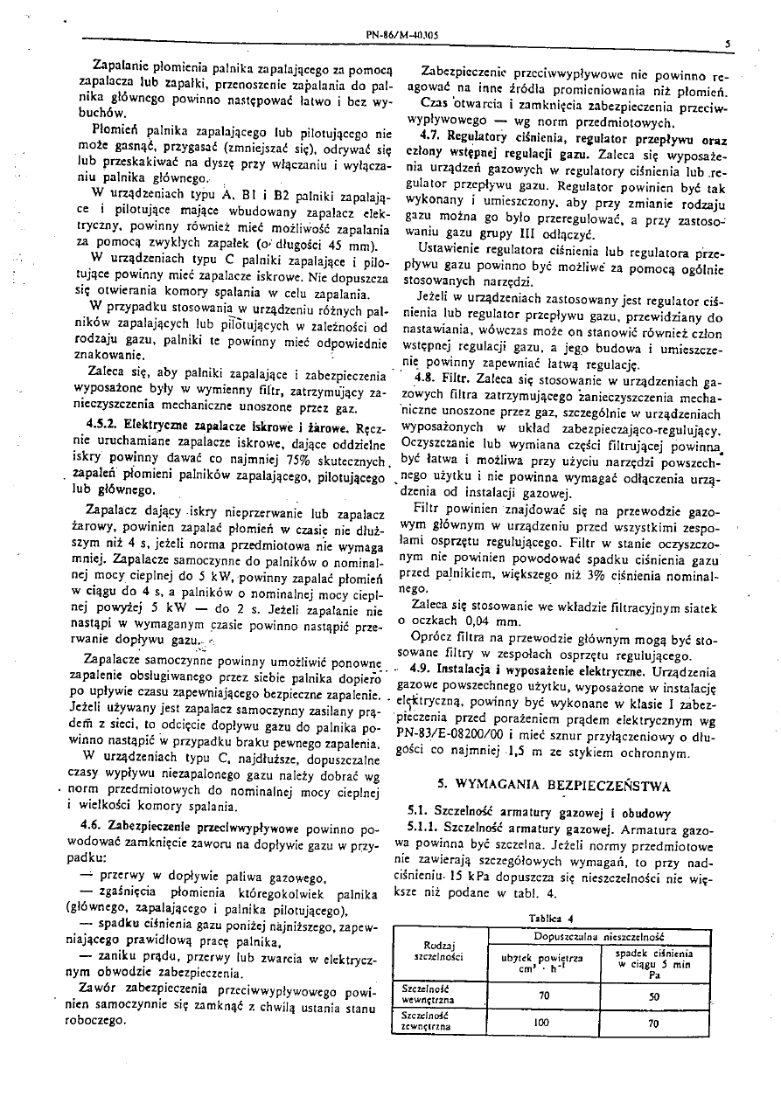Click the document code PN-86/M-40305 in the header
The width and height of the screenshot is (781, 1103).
click(401, 36)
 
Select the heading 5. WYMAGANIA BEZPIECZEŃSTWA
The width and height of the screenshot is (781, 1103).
click(554, 785)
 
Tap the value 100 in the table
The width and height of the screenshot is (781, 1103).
click(542, 1020)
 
